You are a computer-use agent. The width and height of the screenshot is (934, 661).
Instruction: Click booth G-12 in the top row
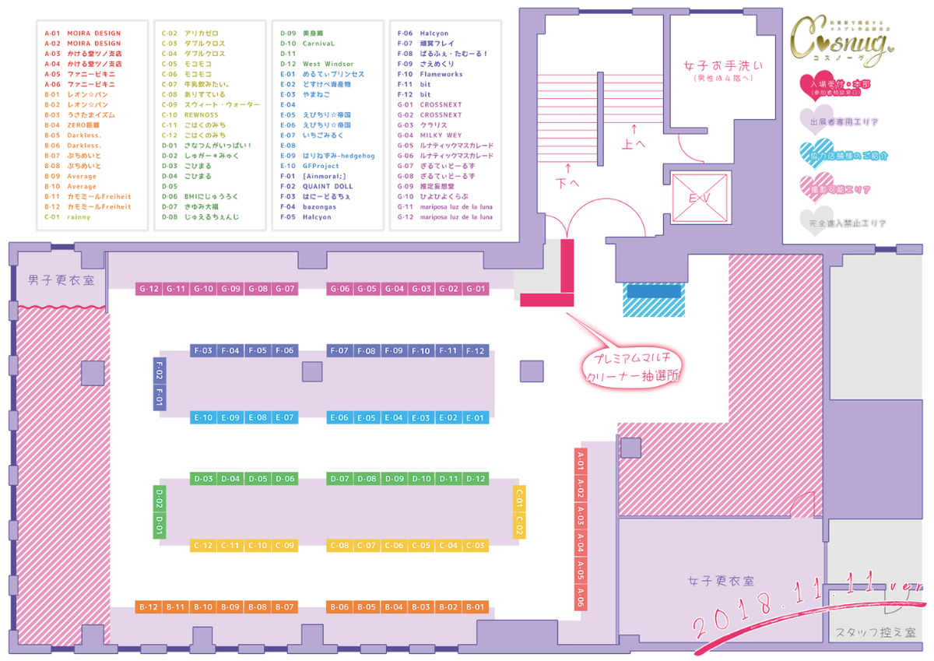pos(149,289)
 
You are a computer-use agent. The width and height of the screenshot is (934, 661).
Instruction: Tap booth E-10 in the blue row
pos(203,417)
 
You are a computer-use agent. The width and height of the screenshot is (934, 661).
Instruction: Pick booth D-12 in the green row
pos(476,479)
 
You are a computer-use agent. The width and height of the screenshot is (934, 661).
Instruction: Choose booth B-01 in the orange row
pos(476,607)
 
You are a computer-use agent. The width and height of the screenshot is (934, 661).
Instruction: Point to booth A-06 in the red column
pos(581,596)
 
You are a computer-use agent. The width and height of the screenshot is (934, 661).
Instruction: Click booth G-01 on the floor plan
pos(476,289)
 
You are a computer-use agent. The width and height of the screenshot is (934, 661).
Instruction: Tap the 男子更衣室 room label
pos(61,280)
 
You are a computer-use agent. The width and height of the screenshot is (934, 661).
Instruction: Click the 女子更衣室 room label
pos(721,581)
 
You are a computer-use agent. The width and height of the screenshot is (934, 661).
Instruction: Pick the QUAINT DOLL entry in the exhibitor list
pos(327,186)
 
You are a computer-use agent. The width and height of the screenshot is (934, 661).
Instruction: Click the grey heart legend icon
pos(814,220)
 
